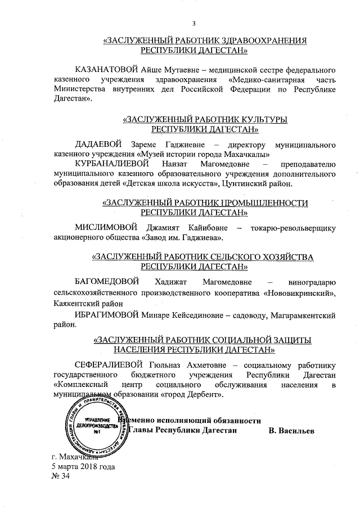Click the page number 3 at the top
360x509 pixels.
pyautogui.click(x=194, y=23)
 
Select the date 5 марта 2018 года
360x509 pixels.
pyautogui.click(x=83, y=466)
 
